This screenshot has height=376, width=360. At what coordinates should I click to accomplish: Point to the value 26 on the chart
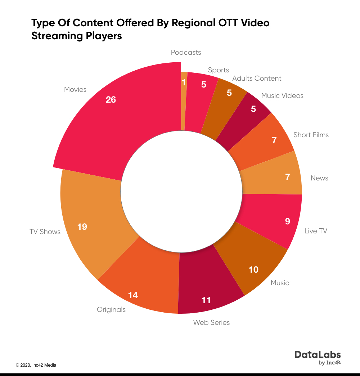click(111, 100)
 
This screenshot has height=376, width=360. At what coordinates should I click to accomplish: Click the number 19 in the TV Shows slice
click(82, 227)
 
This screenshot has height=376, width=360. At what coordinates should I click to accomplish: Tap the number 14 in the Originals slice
click(133, 295)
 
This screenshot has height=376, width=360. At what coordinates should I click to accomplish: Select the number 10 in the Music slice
click(253, 269)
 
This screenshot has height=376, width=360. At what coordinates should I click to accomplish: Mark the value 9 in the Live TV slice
click(287, 221)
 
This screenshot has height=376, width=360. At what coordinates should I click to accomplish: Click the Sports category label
click(219, 70)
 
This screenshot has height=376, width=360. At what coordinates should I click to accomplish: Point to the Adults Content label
click(257, 78)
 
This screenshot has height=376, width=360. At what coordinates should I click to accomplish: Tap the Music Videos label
click(282, 95)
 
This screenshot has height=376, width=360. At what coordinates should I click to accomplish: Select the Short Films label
click(311, 135)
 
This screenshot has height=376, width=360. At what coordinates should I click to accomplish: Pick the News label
click(319, 178)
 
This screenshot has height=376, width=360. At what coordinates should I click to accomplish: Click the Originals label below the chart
click(111, 309)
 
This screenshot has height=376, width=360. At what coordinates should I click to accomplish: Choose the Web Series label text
click(211, 322)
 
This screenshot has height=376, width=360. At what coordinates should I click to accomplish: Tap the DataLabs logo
click(318, 357)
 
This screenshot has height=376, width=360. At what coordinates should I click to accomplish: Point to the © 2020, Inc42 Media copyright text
click(36, 365)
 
